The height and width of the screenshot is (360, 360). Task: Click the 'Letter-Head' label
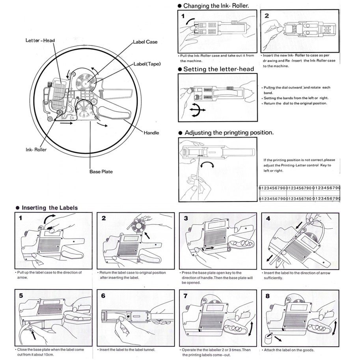[x=40, y=41]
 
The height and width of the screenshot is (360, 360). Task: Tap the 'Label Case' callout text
[x=145, y=42]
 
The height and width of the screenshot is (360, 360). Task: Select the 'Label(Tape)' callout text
[x=147, y=64]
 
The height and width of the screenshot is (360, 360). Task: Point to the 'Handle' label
[x=151, y=133]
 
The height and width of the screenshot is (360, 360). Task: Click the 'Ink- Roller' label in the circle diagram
[x=36, y=150]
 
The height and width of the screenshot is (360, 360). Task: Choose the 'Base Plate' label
[x=101, y=172]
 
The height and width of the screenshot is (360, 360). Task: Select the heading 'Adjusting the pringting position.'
[x=229, y=133]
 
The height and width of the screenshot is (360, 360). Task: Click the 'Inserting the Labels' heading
[x=50, y=208]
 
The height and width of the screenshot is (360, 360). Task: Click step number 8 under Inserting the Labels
[x=268, y=296]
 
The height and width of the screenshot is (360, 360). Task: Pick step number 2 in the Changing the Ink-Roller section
[x=267, y=16]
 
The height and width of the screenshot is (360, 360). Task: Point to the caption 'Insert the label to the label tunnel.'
[x=127, y=350]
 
